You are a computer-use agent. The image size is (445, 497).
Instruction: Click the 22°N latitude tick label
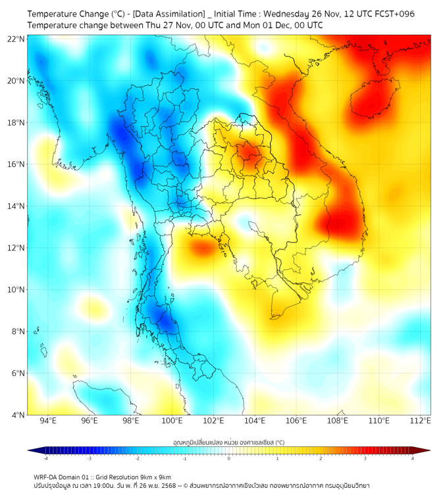coord(16,39)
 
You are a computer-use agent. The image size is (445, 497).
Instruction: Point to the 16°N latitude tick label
coord(16,164)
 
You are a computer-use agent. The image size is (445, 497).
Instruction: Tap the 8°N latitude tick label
coord(18,331)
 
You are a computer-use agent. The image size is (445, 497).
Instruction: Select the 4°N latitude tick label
coord(18,415)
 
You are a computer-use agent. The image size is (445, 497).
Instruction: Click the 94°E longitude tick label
coord(48,421)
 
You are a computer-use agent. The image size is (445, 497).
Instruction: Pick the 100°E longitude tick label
coord(172,421)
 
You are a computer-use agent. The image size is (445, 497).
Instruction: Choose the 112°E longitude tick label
coord(421,421)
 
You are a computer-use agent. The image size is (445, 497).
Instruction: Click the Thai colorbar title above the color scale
coord(228,442)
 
